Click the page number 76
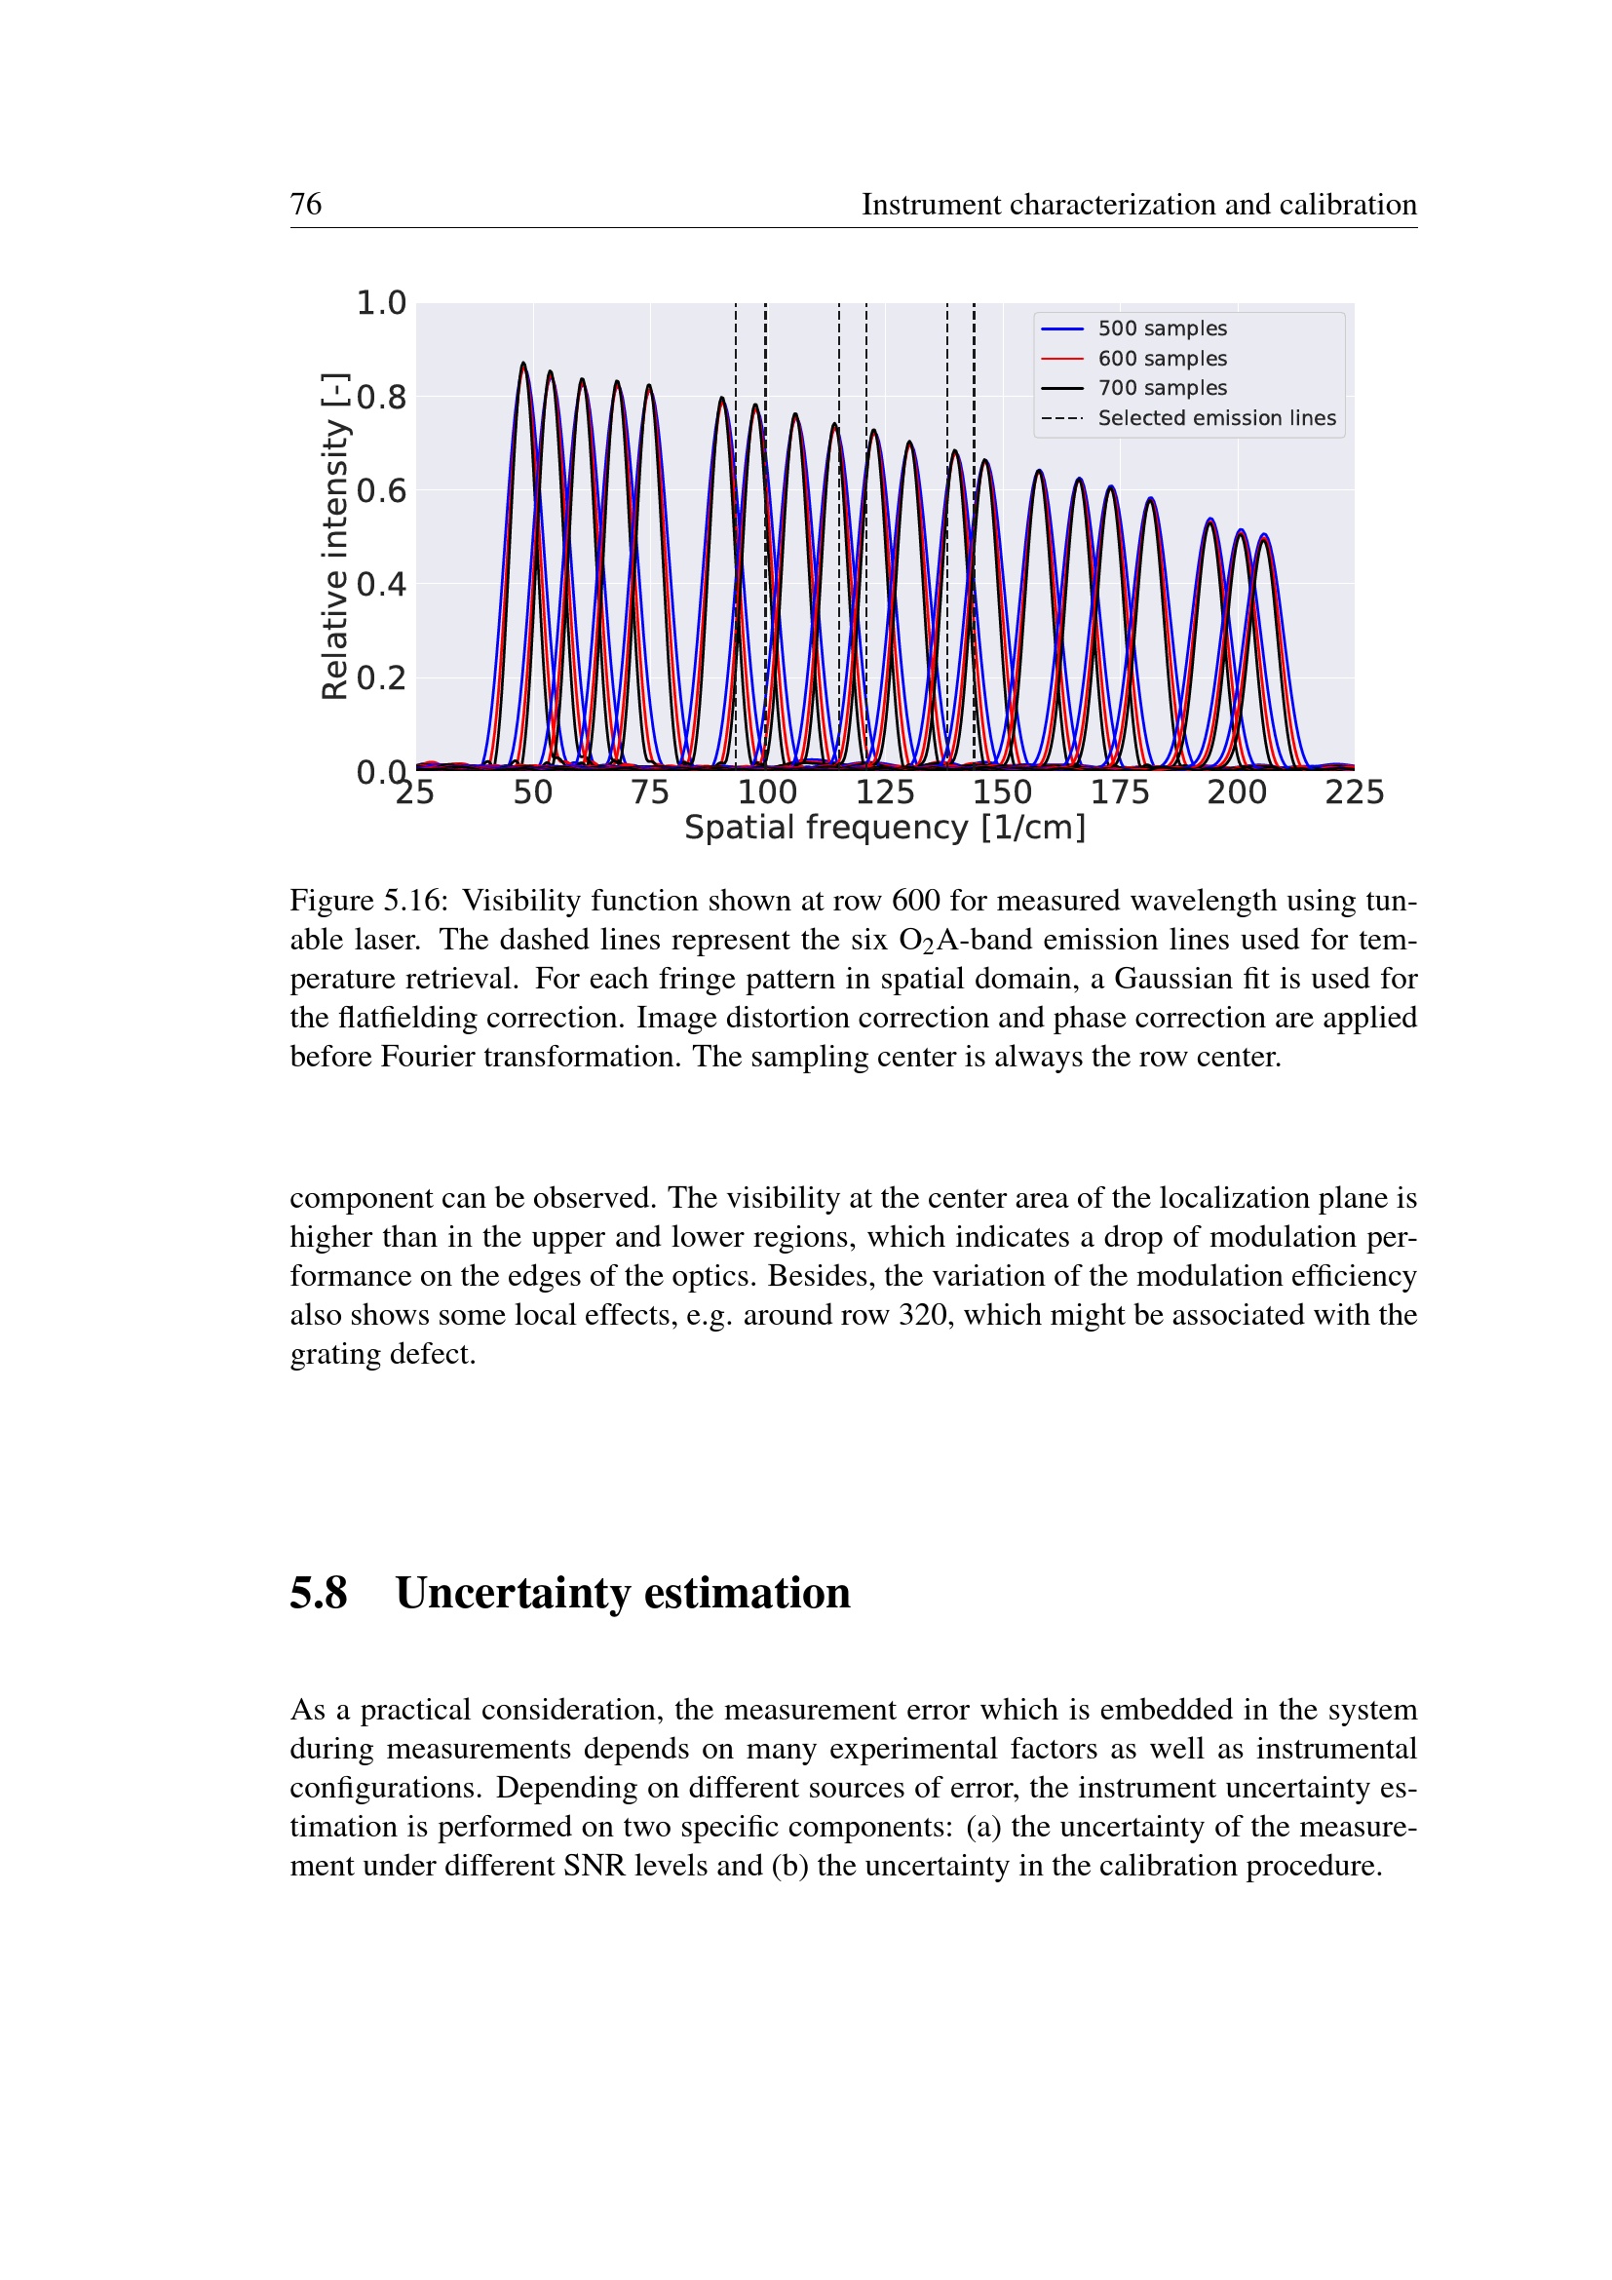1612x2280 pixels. [306, 204]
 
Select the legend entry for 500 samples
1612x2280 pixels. [1162, 328]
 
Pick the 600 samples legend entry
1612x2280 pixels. [1162, 359]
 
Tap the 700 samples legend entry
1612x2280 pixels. [1162, 388]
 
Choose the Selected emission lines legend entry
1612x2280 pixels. [1216, 418]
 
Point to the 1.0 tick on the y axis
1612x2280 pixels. [381, 303]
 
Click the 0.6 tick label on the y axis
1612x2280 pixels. [381, 490]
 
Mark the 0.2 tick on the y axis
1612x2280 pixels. [381, 678]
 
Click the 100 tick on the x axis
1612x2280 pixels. [767, 792]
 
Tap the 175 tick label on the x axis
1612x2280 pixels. [1120, 792]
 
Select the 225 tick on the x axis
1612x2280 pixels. [1354, 792]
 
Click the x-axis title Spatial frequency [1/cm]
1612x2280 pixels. [884, 828]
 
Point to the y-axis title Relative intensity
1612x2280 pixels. [335, 536]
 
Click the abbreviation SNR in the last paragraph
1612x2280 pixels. [594, 1866]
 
